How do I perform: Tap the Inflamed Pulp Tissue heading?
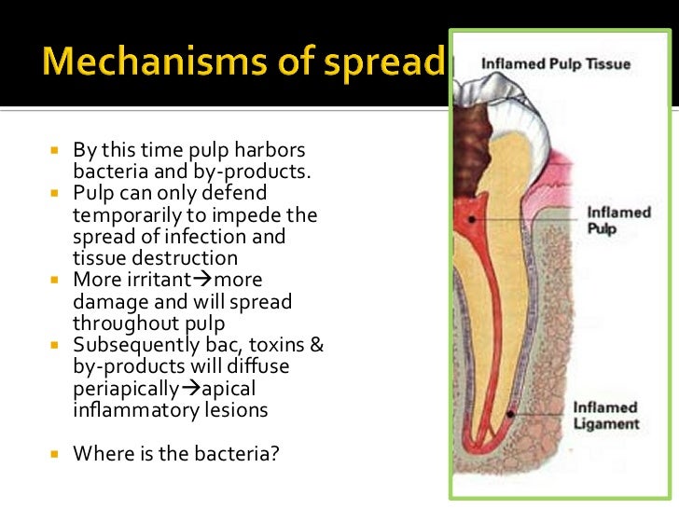click(555, 64)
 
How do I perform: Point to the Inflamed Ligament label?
click(606, 416)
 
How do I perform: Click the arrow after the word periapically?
click(193, 389)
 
